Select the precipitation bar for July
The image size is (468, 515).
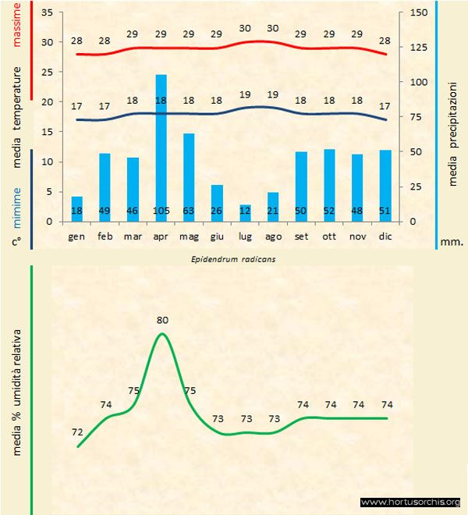pos(245,212)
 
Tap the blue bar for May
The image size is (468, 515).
pos(189,172)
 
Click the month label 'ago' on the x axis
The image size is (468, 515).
pos(273,235)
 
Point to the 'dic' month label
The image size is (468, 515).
pos(385,235)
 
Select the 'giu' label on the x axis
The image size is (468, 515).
pos(217,235)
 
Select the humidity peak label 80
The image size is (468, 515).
pos(161,320)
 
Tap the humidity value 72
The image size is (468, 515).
pos(77,432)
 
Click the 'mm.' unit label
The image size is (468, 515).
pos(452,243)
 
